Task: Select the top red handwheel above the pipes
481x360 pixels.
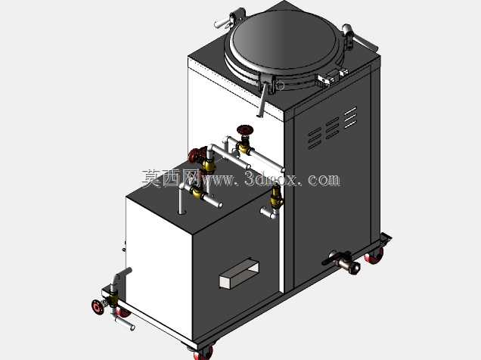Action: tap(245, 129)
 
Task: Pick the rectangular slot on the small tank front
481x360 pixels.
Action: tap(239, 274)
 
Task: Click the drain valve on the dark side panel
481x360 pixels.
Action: tap(341, 262)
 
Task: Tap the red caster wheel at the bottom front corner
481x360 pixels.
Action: tap(204, 352)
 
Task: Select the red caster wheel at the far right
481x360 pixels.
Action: tap(374, 256)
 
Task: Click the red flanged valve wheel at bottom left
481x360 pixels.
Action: tap(98, 306)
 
